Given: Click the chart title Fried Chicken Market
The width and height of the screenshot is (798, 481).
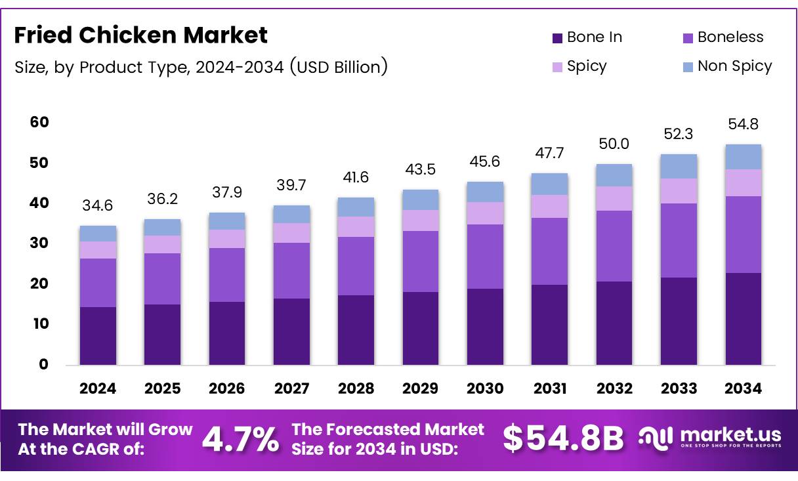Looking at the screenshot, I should [x=140, y=35].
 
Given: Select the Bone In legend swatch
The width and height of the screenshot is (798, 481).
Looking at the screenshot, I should [x=558, y=38].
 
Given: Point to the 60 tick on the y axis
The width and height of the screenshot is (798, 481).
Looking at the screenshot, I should [x=39, y=122].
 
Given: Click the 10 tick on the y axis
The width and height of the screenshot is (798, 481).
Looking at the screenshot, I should [x=39, y=324].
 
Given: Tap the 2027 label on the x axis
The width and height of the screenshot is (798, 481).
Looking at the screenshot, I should [x=291, y=388].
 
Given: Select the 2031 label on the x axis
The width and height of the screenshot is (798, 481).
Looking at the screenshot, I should [x=550, y=388].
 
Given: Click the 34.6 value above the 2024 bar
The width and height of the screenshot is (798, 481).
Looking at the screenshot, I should [x=98, y=206].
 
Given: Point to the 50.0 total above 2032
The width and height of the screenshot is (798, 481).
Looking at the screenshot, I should [x=614, y=144].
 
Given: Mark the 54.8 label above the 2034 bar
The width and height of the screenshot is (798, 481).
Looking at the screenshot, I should [x=743, y=125].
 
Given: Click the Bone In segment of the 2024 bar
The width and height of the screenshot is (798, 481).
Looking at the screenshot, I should [x=98, y=335].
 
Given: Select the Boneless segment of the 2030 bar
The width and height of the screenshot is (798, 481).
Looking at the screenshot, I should [x=485, y=257].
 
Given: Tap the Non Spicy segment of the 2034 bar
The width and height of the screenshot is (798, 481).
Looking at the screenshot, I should [x=743, y=157].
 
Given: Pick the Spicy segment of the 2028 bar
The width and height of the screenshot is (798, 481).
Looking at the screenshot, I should [x=356, y=227].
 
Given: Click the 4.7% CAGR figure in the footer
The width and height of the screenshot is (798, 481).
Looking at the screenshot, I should [x=240, y=440].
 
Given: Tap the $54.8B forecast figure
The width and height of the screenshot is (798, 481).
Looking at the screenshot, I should [x=563, y=439].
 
